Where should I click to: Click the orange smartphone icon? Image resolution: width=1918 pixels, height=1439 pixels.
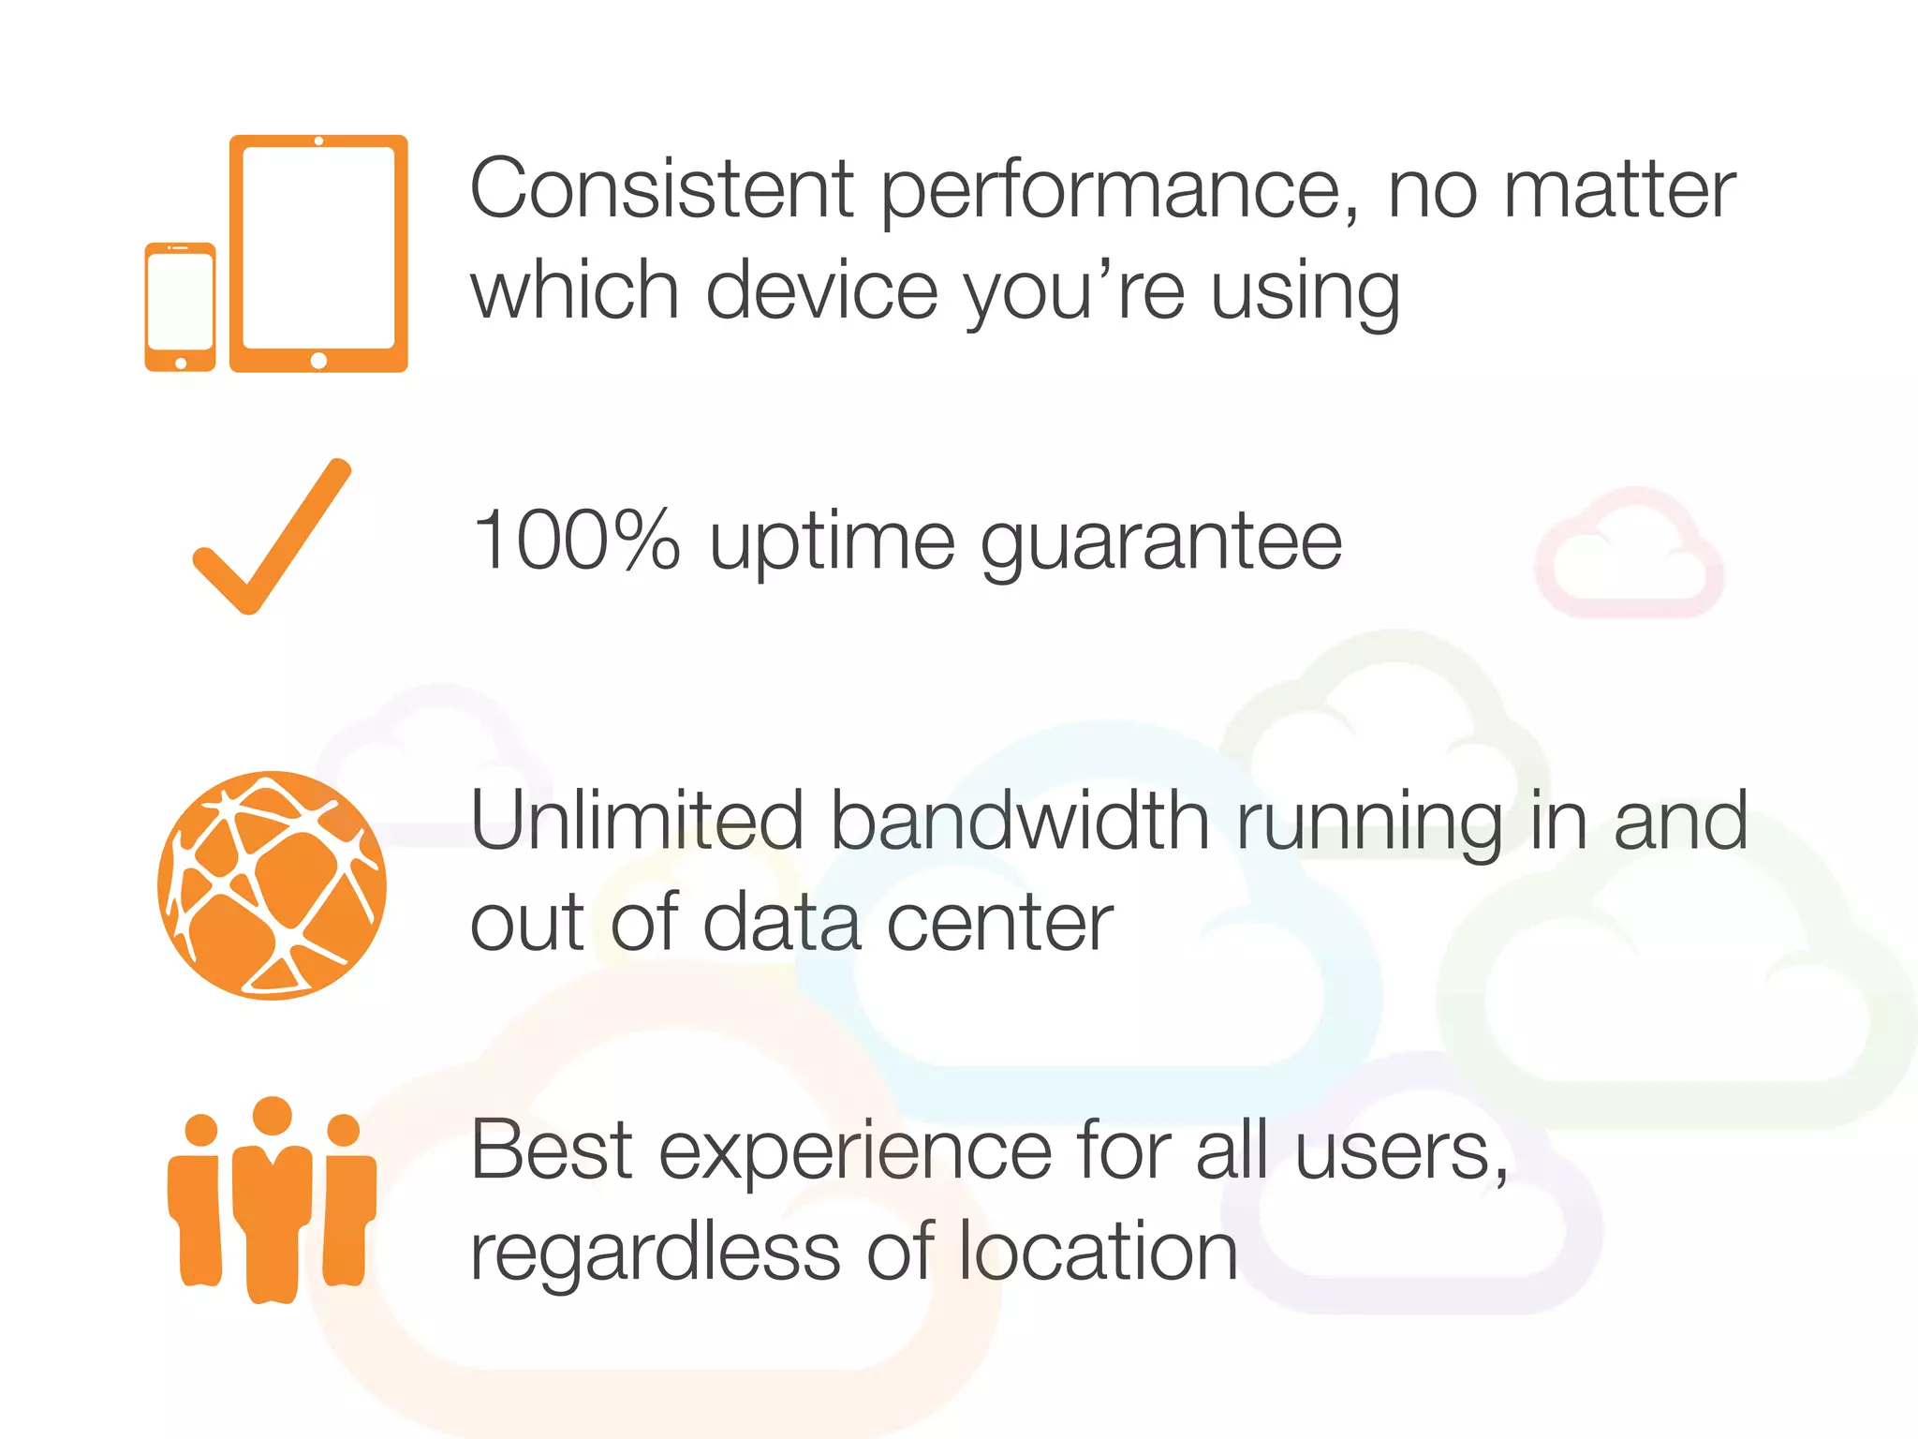pyautogui.click(x=180, y=307)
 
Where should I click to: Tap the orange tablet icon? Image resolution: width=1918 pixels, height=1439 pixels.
pyautogui.click(x=318, y=253)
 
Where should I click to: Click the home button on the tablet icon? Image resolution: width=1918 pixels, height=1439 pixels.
pyautogui.click(x=318, y=361)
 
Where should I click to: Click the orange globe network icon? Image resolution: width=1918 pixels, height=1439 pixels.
pyautogui.click(x=272, y=885)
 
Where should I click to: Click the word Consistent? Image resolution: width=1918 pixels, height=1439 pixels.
pyautogui.click(x=662, y=189)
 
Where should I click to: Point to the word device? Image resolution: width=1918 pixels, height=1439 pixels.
pyautogui.click(x=821, y=290)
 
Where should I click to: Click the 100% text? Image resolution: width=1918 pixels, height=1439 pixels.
pyautogui.click(x=576, y=541)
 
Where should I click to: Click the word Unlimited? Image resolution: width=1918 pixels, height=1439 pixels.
pyautogui.click(x=637, y=821)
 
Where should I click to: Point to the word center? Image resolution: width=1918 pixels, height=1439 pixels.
pyautogui.click(x=999, y=924)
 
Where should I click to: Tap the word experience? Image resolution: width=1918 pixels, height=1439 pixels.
pyautogui.click(x=855, y=1152)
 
